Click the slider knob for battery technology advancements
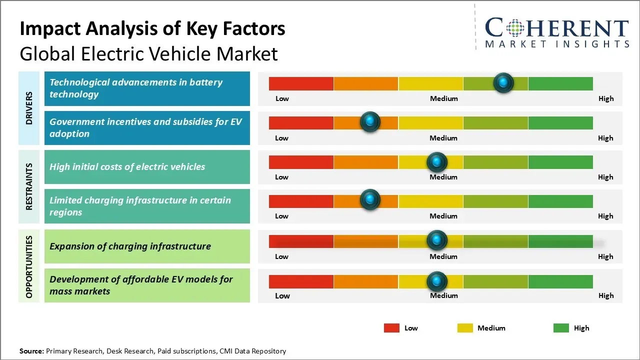coord(503,82)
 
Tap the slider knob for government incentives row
coord(370,121)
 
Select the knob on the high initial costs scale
coord(437,161)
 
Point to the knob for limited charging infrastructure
coord(370,200)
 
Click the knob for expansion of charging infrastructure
coord(437,240)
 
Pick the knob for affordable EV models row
coord(437,281)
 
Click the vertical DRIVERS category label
coord(29,108)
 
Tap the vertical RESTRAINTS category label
coord(29,186)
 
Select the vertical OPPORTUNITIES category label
coord(29,266)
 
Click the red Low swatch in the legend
coord(391,328)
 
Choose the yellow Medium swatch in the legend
coord(465,328)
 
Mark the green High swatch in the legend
coord(561,328)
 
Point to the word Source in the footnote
coord(31,351)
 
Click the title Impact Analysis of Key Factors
coord(152,29)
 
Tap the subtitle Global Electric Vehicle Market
coord(148,53)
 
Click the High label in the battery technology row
coord(605,98)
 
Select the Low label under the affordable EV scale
coord(282,295)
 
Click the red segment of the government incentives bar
coord(301,122)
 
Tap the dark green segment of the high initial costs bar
coord(560,162)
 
